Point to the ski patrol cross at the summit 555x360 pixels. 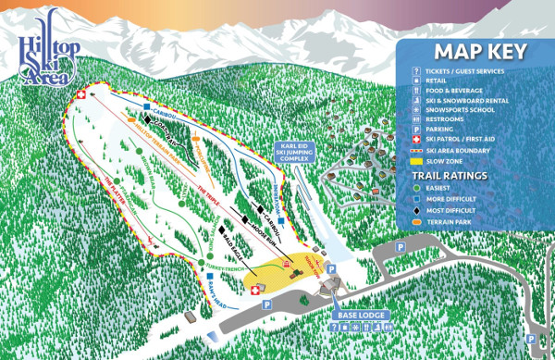80,94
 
